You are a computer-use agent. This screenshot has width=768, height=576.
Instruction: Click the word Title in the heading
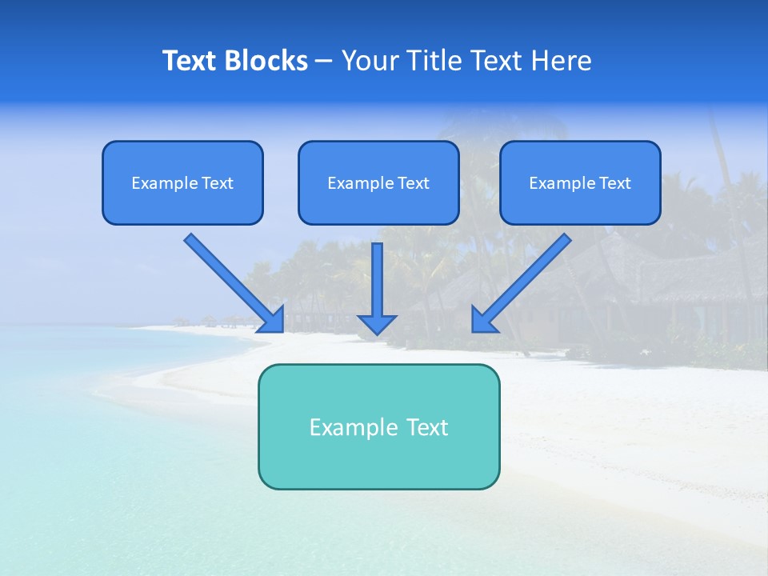point(436,61)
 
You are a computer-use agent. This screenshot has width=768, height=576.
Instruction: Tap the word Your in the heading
point(370,61)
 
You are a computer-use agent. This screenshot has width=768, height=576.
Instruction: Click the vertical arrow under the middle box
point(377,280)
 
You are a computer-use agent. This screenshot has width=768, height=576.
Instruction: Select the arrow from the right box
point(528,276)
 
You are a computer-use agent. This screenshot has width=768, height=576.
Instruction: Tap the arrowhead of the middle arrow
point(377,323)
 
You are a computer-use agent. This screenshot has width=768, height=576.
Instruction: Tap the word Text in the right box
point(615,183)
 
